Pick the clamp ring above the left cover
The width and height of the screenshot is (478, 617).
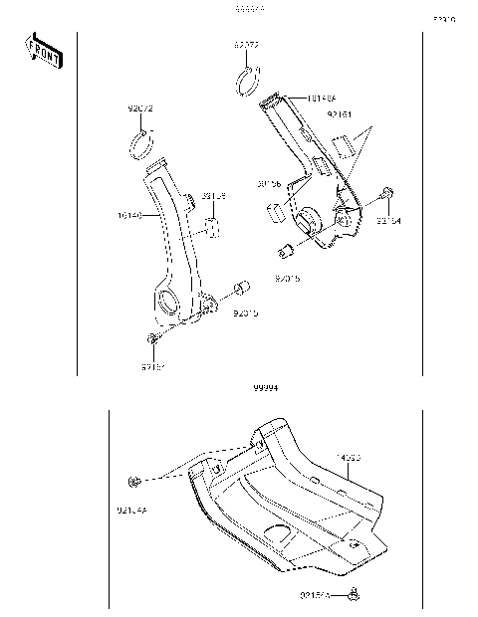pyautogui.click(x=145, y=146)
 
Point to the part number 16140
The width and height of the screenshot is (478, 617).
pyautogui.click(x=130, y=214)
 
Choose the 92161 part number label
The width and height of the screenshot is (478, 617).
pyautogui.click(x=340, y=114)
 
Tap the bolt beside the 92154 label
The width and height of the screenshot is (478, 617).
pyautogui.click(x=387, y=192)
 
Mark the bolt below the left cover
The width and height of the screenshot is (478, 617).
pyautogui.click(x=151, y=341)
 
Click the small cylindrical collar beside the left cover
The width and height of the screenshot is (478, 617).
pyautogui.click(x=239, y=290)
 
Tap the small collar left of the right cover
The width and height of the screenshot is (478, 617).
pyautogui.click(x=283, y=248)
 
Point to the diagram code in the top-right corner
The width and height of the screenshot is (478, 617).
pyautogui.click(x=442, y=18)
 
